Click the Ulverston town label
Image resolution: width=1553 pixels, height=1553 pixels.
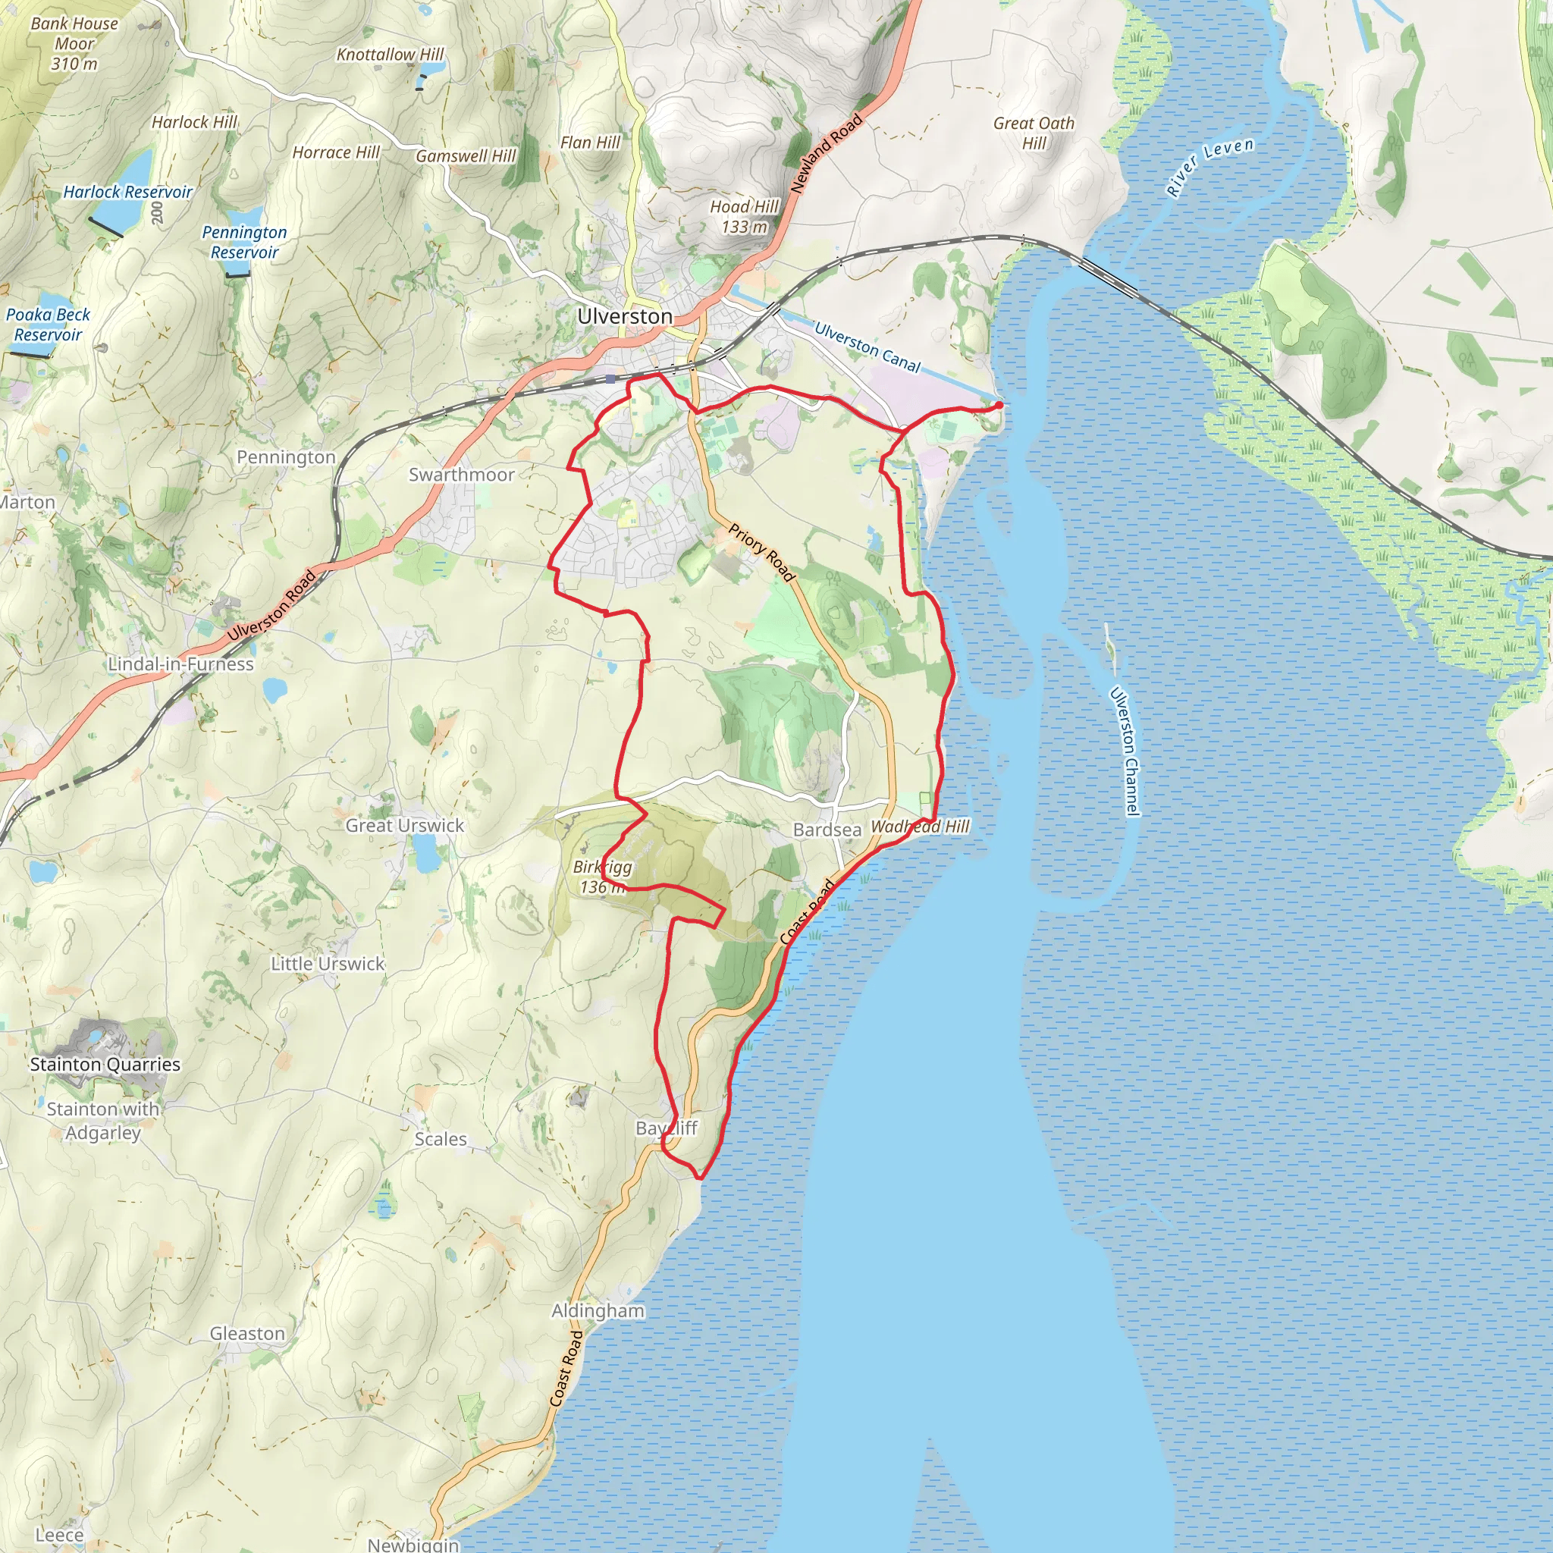(x=625, y=317)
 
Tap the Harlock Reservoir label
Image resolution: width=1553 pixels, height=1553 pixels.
(x=128, y=192)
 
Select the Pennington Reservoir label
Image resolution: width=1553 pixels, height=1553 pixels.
(x=244, y=242)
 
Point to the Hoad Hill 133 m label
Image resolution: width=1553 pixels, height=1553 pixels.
(x=744, y=217)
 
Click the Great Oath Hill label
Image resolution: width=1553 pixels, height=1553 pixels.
(x=1033, y=133)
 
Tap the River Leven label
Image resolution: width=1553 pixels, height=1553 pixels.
(x=1209, y=166)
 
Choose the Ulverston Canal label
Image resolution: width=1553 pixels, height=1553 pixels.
(x=867, y=347)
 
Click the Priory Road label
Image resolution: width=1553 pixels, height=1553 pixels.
(x=761, y=552)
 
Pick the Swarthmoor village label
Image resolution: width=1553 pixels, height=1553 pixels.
(x=461, y=475)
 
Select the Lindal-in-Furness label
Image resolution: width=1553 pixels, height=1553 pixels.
(x=181, y=664)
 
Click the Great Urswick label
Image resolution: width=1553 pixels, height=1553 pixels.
(x=404, y=826)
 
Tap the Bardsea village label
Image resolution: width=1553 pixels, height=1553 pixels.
(x=827, y=830)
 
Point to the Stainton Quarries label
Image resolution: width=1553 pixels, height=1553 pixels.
(x=105, y=1064)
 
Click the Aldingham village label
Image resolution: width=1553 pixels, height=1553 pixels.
(x=598, y=1311)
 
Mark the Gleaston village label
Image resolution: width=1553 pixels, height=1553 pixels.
(x=246, y=1334)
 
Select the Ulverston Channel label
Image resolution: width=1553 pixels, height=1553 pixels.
(x=1125, y=751)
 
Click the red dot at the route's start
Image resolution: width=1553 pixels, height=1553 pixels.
(x=999, y=405)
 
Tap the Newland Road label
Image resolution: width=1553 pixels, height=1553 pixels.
(x=827, y=153)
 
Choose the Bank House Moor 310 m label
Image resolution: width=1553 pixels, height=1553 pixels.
(x=74, y=43)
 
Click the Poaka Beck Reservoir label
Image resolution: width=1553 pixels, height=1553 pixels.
(x=49, y=325)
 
